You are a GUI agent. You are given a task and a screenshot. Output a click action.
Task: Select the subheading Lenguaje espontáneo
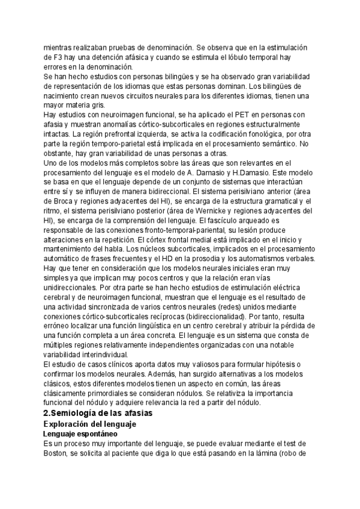pos(81,433)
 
